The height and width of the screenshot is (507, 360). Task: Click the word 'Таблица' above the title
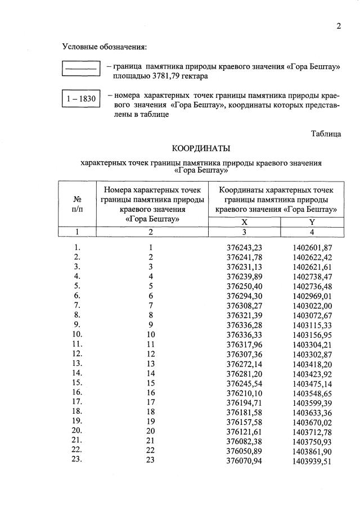tap(326, 133)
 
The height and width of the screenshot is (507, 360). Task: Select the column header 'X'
tap(244, 222)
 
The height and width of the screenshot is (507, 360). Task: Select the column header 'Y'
tap(311, 222)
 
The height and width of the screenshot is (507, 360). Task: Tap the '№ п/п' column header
tap(77, 203)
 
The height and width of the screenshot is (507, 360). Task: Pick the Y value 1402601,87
tap(312, 247)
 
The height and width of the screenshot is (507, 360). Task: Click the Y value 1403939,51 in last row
tap(312, 461)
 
